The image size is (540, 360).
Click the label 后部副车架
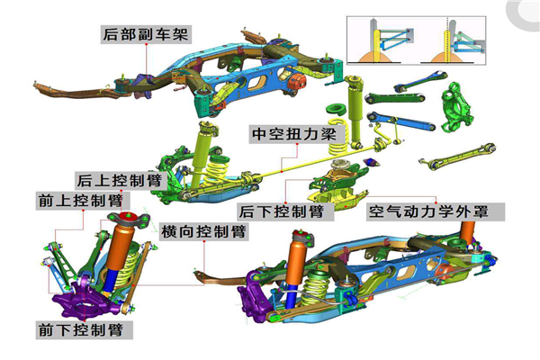(148, 35)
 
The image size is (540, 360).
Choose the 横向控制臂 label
(203, 231)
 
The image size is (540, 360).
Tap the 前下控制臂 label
(85, 329)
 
